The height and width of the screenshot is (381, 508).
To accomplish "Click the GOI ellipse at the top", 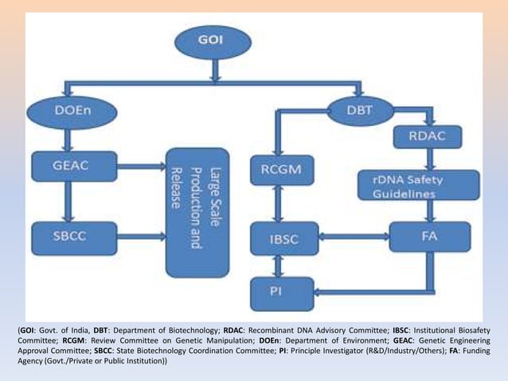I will coord(213,42).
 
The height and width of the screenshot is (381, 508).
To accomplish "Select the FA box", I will coord(430,236).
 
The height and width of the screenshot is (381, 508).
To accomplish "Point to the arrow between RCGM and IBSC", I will coord(275,203).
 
